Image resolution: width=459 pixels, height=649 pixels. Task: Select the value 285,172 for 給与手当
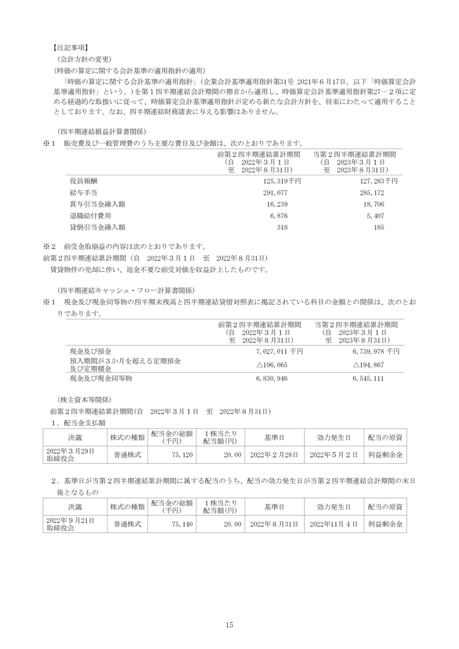click(x=385, y=193)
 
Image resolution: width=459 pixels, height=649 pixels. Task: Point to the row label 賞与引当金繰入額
click(x=97, y=204)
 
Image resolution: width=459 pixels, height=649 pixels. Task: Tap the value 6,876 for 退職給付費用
click(x=279, y=215)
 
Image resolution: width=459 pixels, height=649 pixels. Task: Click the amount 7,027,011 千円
click(x=279, y=351)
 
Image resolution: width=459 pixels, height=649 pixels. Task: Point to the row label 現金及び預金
click(x=90, y=351)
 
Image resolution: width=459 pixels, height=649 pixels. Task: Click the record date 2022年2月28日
click(x=274, y=455)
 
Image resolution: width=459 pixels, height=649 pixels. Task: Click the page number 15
click(x=229, y=624)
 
